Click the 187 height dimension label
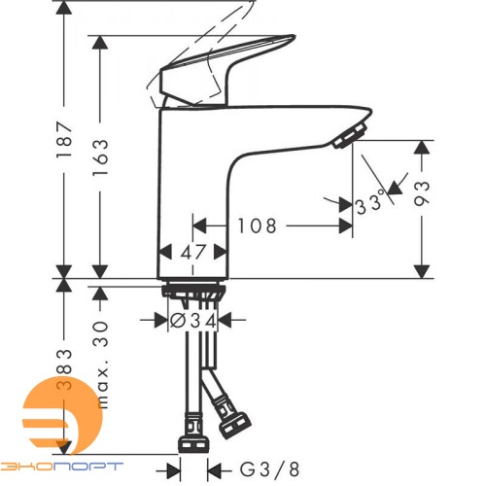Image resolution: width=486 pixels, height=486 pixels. (64, 139)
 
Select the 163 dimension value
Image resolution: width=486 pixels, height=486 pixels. (100, 157)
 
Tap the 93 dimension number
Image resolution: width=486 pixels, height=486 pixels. (422, 193)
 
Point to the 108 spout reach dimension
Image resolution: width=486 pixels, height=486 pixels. (257, 226)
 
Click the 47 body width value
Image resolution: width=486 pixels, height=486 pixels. (193, 252)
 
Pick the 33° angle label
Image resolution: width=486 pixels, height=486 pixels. (370, 204)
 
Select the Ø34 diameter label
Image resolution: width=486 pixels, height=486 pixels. (193, 321)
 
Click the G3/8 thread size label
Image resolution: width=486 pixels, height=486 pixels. (269, 469)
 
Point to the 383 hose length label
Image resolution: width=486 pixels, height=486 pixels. (64, 369)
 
